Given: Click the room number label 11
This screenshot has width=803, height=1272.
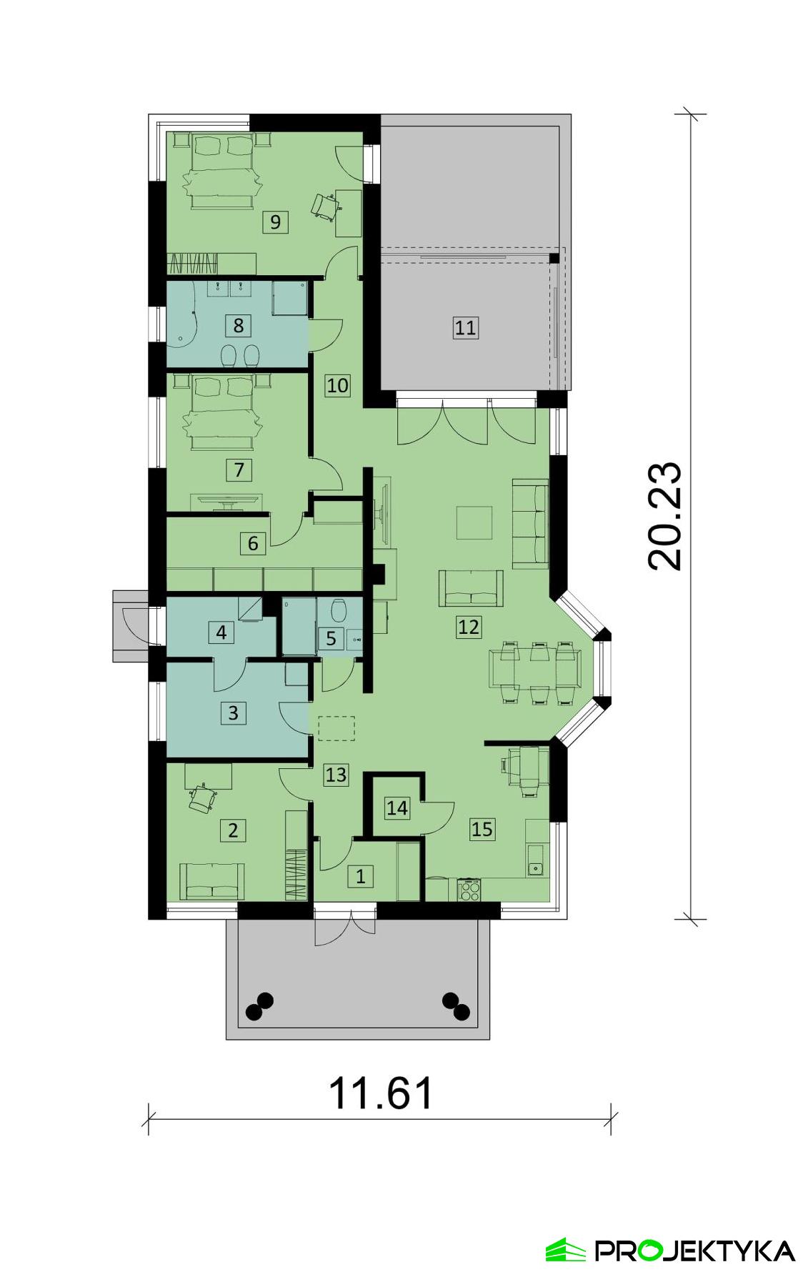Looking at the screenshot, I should pos(465,328).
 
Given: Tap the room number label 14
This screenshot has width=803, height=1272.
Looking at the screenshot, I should pos(397,808).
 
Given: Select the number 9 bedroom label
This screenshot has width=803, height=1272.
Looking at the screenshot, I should pos(275,222).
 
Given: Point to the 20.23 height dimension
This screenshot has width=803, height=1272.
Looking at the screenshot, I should pos(664,516).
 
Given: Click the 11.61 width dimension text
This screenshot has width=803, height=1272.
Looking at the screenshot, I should pos(381,1093).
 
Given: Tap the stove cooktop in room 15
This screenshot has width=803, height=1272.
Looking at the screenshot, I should pos(469,890).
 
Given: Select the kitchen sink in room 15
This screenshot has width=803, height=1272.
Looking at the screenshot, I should pos(535,868).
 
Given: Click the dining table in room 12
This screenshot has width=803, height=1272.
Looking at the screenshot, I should pos(539,672).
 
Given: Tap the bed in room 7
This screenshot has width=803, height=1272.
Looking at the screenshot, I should pos(219,412).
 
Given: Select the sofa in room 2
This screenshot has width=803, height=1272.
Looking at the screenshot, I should pos(211,881).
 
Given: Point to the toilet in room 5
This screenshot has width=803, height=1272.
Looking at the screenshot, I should pos(339,611).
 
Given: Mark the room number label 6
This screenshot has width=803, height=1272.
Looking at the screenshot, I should pos(253,543).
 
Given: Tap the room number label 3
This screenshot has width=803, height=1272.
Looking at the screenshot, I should pos(233,712).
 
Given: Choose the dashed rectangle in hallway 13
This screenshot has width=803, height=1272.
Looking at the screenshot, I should pos(336,728).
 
